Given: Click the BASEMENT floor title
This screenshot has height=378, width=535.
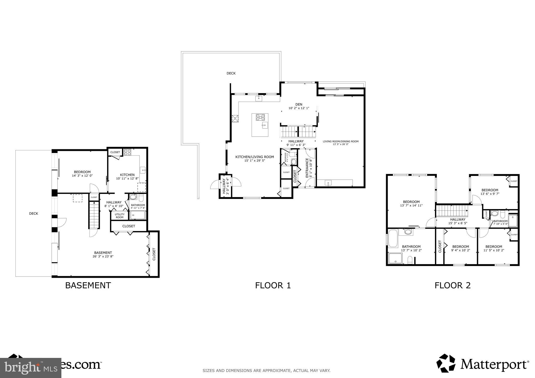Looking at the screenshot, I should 88,285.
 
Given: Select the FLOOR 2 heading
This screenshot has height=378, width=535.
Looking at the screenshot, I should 452,285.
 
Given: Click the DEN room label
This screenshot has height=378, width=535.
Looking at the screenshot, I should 299,104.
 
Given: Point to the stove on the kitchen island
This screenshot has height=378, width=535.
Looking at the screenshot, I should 260,117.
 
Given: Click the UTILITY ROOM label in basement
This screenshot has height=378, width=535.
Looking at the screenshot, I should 120,216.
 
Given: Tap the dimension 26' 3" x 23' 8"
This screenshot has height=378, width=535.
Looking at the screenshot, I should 103,256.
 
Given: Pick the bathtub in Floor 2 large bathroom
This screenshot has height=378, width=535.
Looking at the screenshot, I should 393,238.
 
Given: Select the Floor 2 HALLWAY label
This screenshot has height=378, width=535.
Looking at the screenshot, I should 458,220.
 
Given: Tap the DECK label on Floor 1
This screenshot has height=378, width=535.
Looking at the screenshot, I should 231,73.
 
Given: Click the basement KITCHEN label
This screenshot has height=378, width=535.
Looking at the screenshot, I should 127,175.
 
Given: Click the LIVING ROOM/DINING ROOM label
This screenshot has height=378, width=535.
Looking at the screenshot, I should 340,141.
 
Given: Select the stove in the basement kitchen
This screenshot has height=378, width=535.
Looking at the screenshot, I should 127,152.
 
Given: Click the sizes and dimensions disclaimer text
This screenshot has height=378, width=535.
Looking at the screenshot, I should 266,370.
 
